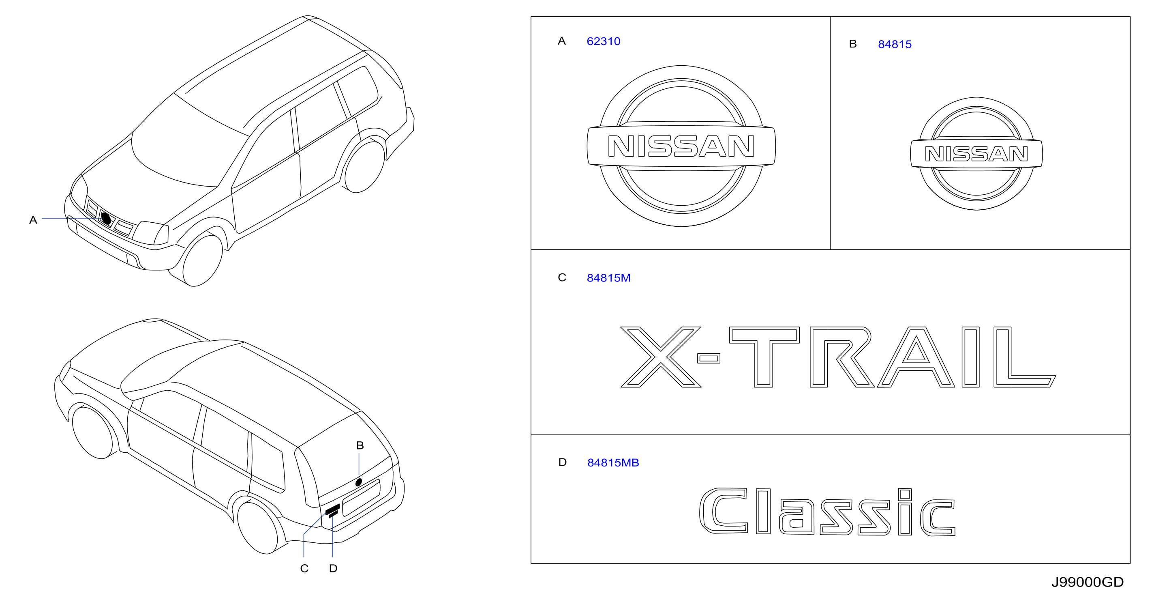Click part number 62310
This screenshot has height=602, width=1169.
(x=603, y=41)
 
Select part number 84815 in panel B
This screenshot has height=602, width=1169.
(x=895, y=45)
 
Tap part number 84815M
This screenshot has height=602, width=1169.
(x=608, y=278)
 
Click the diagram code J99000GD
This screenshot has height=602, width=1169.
(x=1087, y=582)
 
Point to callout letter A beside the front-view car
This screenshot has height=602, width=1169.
(x=33, y=220)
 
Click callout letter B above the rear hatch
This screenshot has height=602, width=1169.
(x=360, y=446)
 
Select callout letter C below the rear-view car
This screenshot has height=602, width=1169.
(x=304, y=568)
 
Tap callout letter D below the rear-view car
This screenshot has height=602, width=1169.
(x=333, y=568)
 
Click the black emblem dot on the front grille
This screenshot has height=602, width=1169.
(x=106, y=218)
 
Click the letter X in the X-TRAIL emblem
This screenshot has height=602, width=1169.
(x=661, y=357)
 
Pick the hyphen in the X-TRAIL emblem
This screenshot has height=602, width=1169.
(x=709, y=359)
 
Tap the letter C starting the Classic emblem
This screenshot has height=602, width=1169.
(x=724, y=511)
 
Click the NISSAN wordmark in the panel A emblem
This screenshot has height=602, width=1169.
(x=681, y=146)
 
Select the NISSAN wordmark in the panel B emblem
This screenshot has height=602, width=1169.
(x=976, y=154)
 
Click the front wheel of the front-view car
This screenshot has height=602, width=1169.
(x=201, y=260)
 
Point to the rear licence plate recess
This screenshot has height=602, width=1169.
(x=361, y=498)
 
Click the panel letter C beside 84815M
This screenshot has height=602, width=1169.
(x=562, y=277)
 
